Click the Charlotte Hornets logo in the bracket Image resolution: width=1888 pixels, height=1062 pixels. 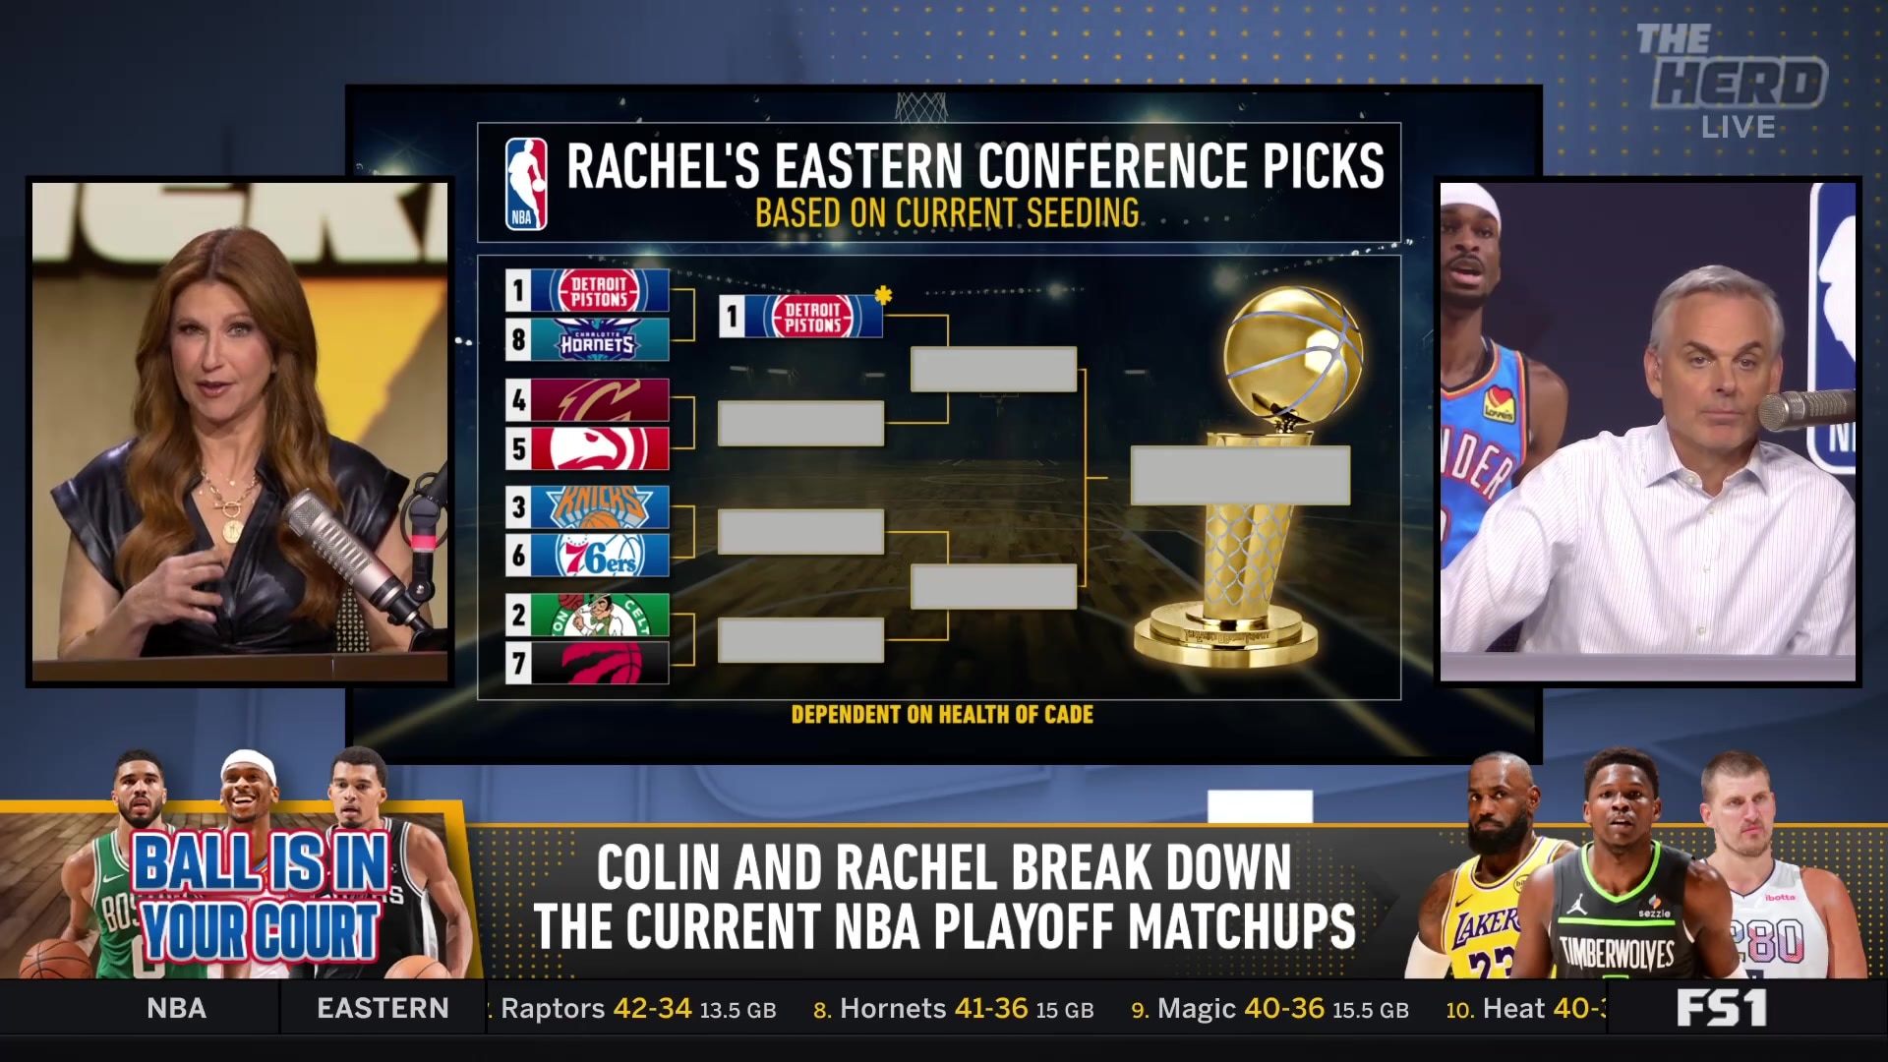click(598, 340)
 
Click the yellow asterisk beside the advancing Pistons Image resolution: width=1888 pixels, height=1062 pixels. click(883, 294)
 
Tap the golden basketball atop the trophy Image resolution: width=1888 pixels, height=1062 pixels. click(1292, 354)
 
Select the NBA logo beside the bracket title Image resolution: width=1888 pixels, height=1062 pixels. click(526, 184)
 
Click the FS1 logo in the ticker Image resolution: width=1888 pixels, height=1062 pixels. click(1721, 1009)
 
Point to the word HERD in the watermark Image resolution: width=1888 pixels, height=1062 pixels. click(1739, 84)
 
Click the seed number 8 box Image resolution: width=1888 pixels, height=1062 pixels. click(518, 340)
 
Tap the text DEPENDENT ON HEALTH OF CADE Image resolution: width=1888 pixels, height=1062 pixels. click(942, 715)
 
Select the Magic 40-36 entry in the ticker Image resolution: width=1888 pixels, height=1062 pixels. click(1269, 1009)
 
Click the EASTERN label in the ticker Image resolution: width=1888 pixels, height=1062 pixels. click(383, 1009)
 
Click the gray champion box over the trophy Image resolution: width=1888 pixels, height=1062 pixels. click(1240, 476)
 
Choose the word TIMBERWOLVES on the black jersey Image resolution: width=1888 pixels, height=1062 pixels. click(1617, 953)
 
